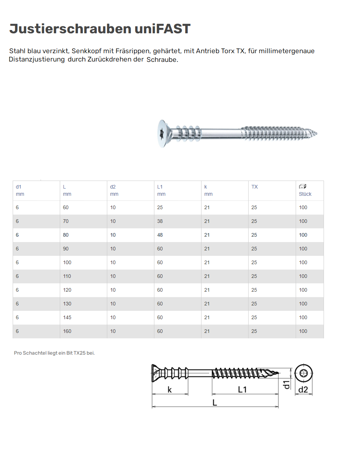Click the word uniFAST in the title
162,29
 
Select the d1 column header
18,187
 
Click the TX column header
255,187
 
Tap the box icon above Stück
303,186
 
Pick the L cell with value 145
67,317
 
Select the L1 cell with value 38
160,221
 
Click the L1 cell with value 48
160,235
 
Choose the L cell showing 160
67,331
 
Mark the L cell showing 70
66,221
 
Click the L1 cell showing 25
160,207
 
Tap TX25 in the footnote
80,353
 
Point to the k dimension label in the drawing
170,390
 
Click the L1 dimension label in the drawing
242,390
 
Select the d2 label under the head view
303,390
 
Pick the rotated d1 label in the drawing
287,384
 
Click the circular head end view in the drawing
303,373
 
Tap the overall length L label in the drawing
215,403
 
